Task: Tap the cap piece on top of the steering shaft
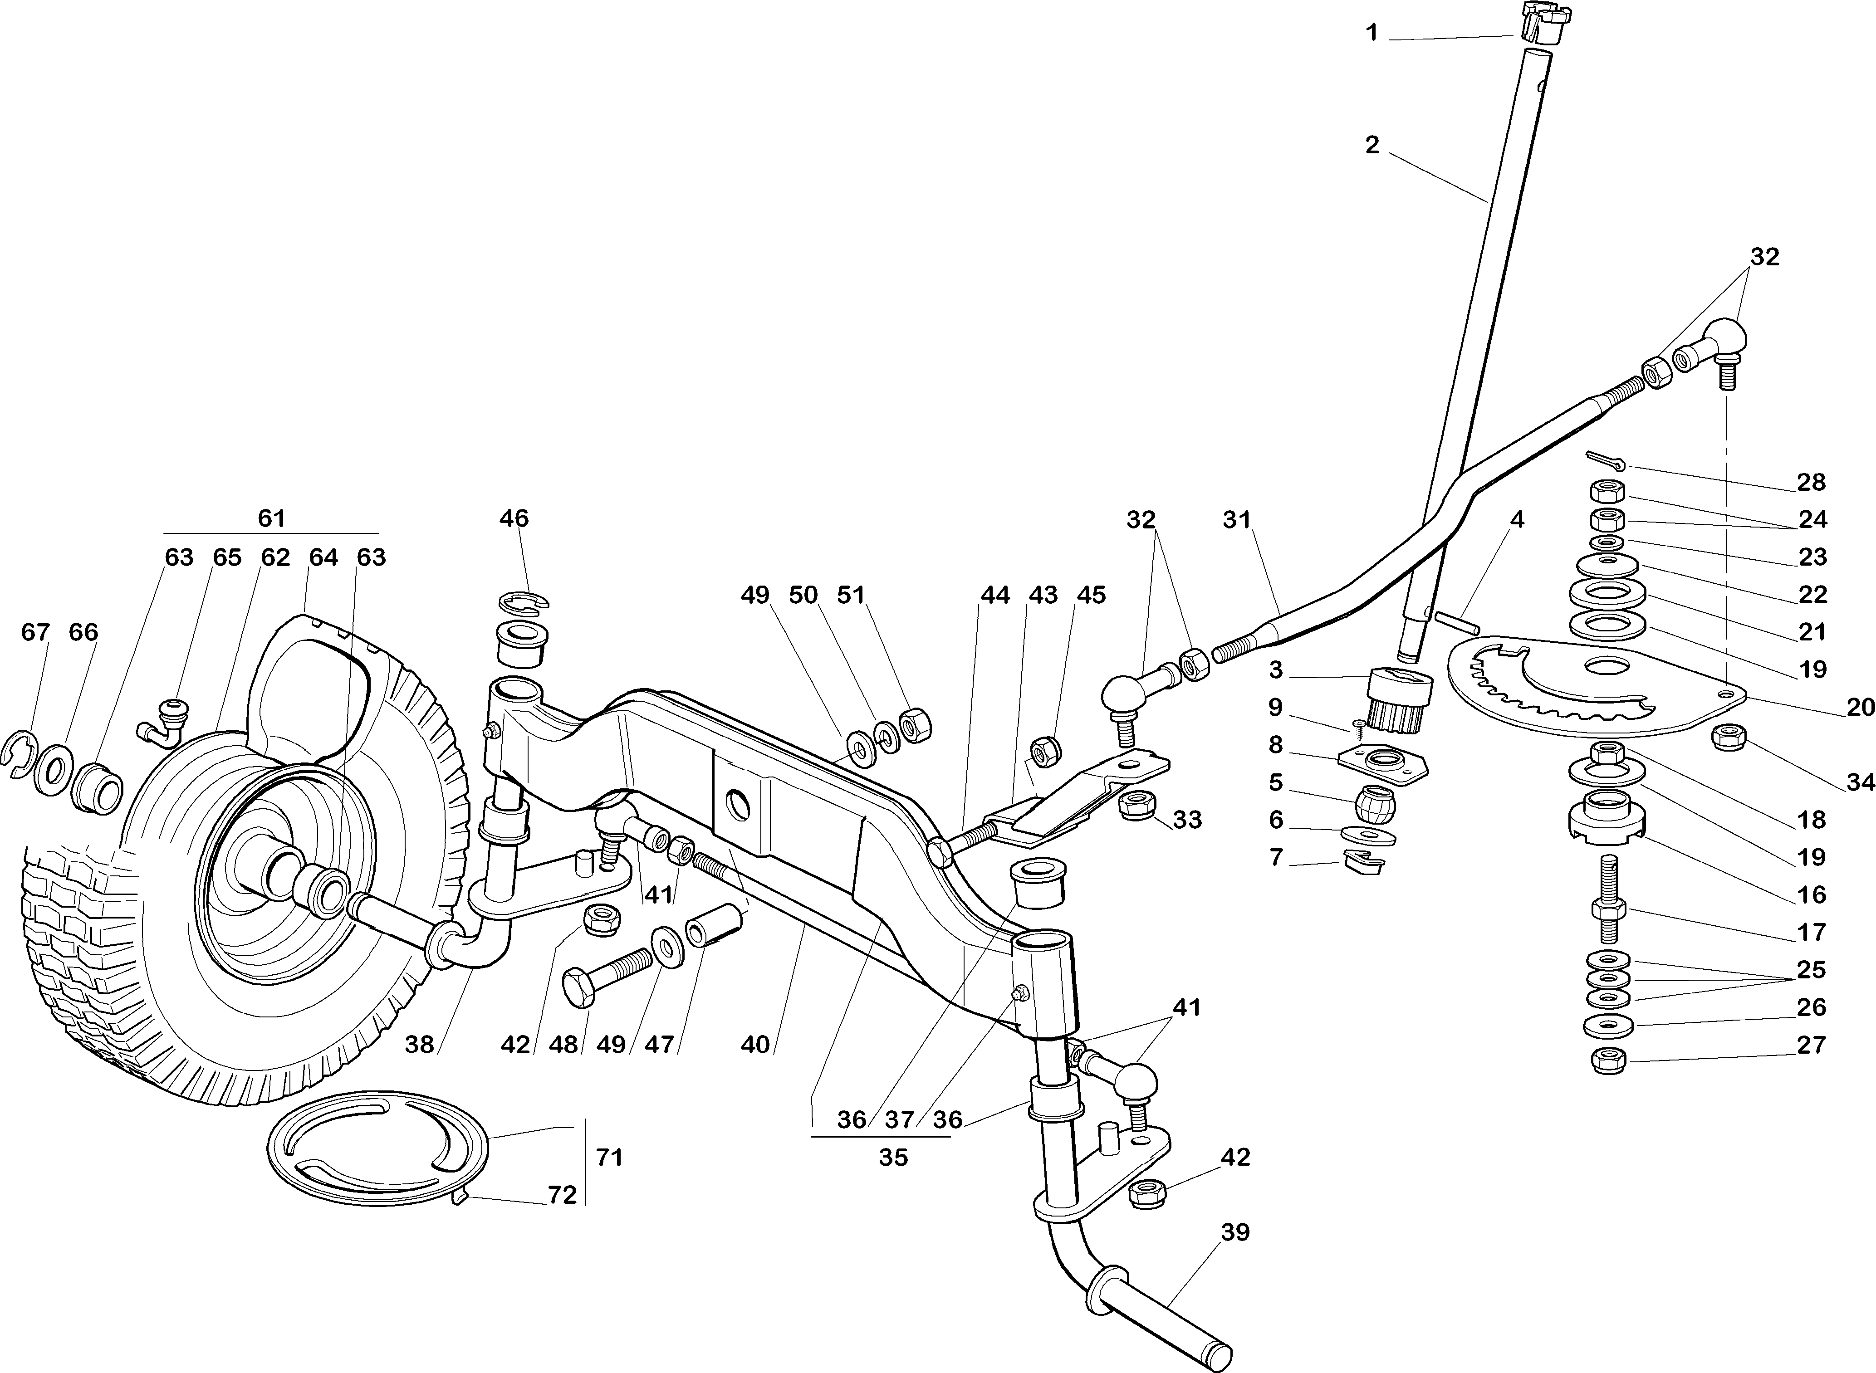tap(1534, 23)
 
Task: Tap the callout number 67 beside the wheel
tap(35, 632)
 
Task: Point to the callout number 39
tap(1235, 1232)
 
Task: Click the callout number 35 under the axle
tap(893, 1157)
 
